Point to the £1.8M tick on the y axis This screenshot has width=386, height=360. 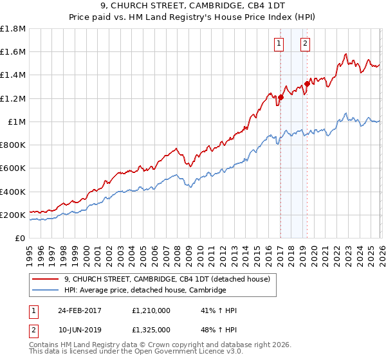[x=14, y=29]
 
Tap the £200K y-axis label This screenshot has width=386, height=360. [x=14, y=215]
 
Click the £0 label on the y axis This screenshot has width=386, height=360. [x=21, y=239]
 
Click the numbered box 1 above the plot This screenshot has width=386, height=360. [x=279, y=44]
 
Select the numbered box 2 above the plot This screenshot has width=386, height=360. [x=305, y=44]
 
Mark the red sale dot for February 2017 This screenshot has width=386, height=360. [x=280, y=98]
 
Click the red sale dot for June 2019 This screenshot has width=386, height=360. [x=307, y=83]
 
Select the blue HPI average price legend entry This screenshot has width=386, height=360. [x=145, y=291]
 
